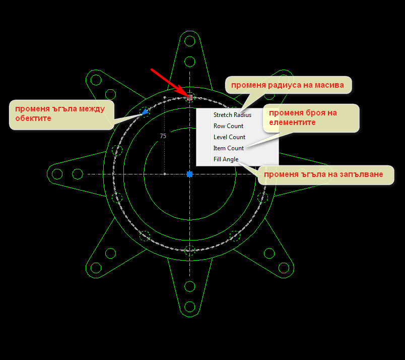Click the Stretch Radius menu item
tap(232, 115)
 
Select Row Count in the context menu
tap(228, 126)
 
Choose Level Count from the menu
tap(229, 137)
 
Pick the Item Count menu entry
tap(228, 148)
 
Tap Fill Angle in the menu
tap(226, 159)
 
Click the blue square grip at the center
tap(190, 174)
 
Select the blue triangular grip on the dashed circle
tap(146, 111)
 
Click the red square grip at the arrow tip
tap(190, 97)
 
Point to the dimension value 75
tap(163, 136)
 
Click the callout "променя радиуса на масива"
tap(288, 85)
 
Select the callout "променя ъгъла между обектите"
tap(60, 113)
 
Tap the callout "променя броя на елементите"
tap(310, 117)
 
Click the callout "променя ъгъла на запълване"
tap(324, 174)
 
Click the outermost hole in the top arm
tap(190, 41)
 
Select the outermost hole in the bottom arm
tap(190, 307)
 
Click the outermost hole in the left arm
tap(57, 174)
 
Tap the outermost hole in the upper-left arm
tap(95, 79)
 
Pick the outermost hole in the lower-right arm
tap(285, 269)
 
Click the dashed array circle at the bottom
tap(190, 250)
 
